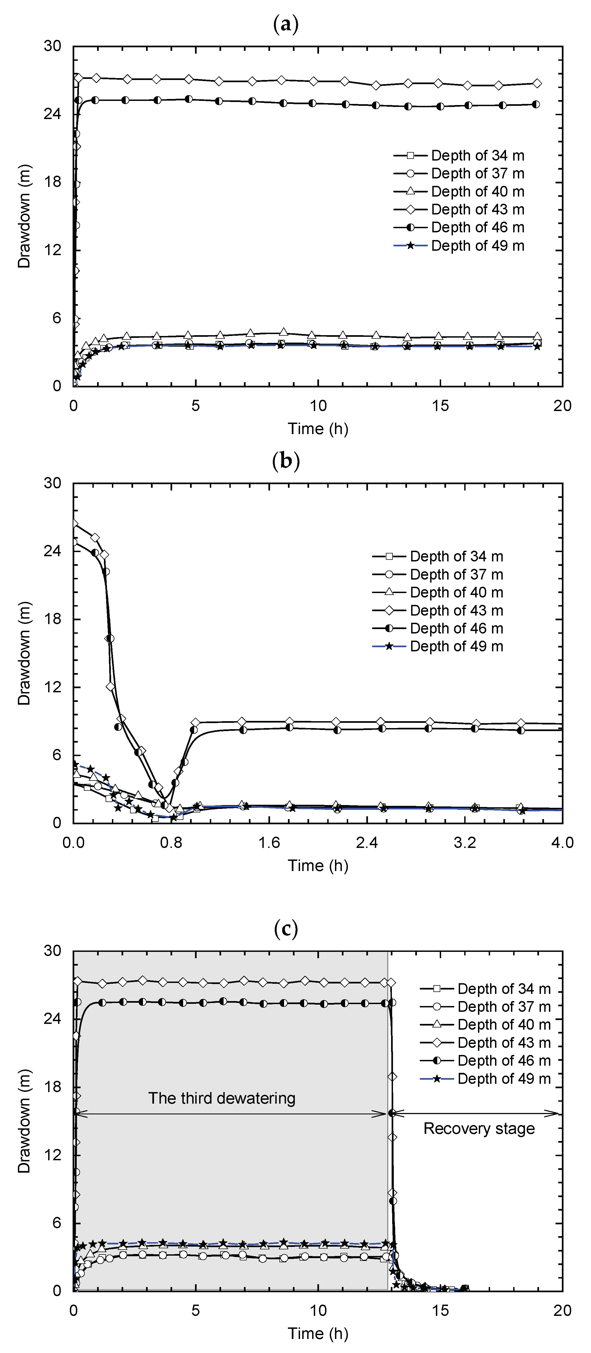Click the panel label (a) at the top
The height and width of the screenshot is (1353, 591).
(286, 24)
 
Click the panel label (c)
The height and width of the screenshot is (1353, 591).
(286, 928)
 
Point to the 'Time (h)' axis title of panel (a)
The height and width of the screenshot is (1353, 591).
(318, 429)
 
